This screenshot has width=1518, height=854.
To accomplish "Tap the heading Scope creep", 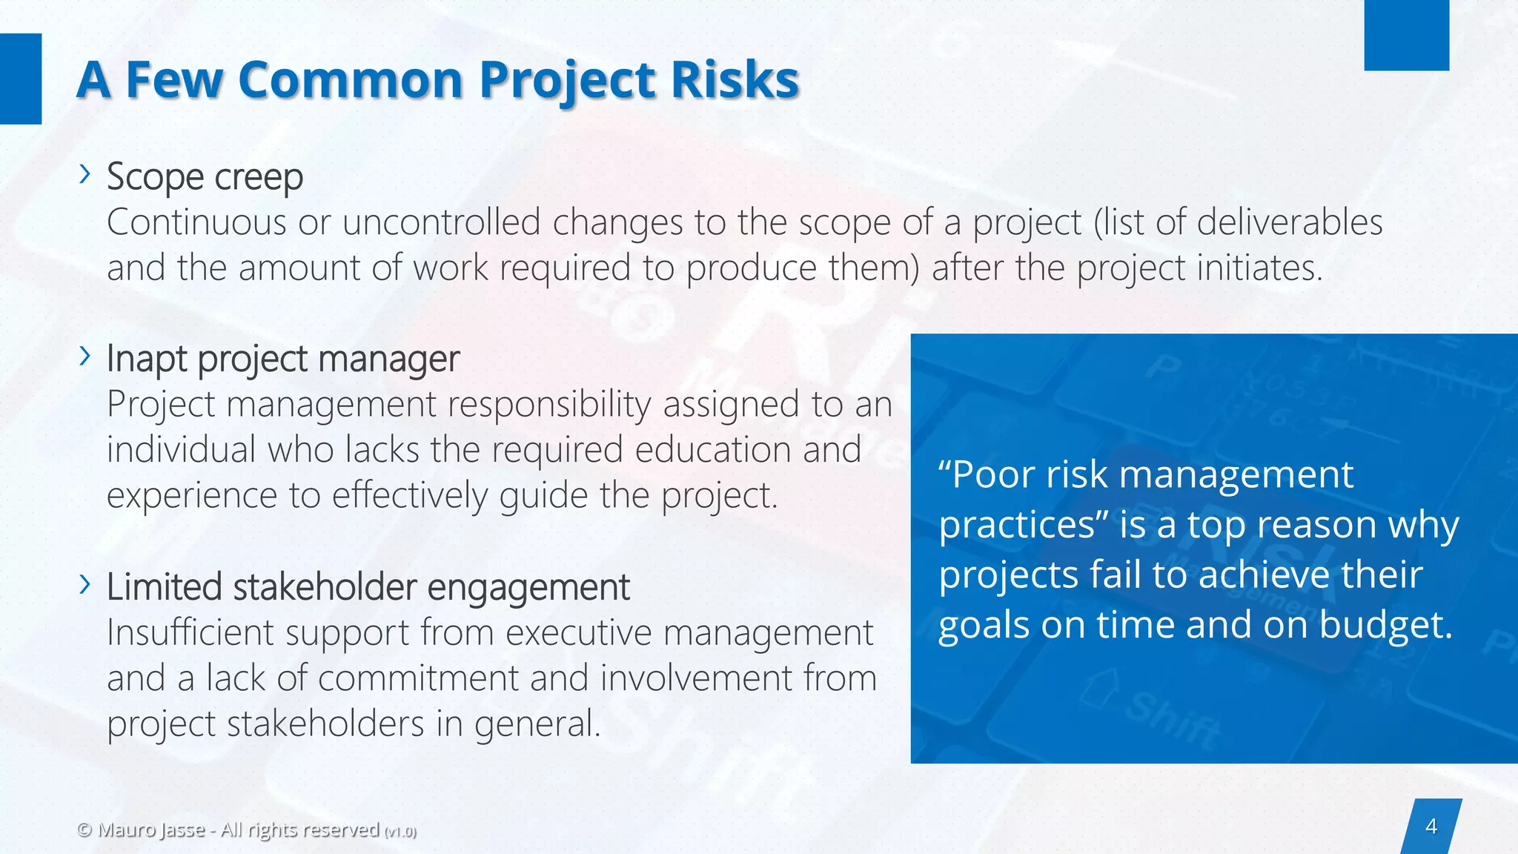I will pos(205,177).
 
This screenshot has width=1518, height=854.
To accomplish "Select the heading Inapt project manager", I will pos(282,359).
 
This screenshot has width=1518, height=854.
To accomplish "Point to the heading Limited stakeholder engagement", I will pos(368,587).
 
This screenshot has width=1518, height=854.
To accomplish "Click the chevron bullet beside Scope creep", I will pos(85,174).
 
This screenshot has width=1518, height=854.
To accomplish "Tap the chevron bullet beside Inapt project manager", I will pos(85,356).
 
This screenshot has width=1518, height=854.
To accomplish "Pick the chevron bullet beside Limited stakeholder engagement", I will pos(85,584).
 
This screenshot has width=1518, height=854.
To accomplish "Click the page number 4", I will pos(1431,826).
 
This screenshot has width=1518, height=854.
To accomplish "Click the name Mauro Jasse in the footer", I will pos(151,830).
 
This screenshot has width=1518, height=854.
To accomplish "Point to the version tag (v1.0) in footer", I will pos(400,832).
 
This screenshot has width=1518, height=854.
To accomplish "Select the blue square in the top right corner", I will pos(1406,35).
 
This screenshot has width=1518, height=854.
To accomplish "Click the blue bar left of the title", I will pos(20,79).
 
